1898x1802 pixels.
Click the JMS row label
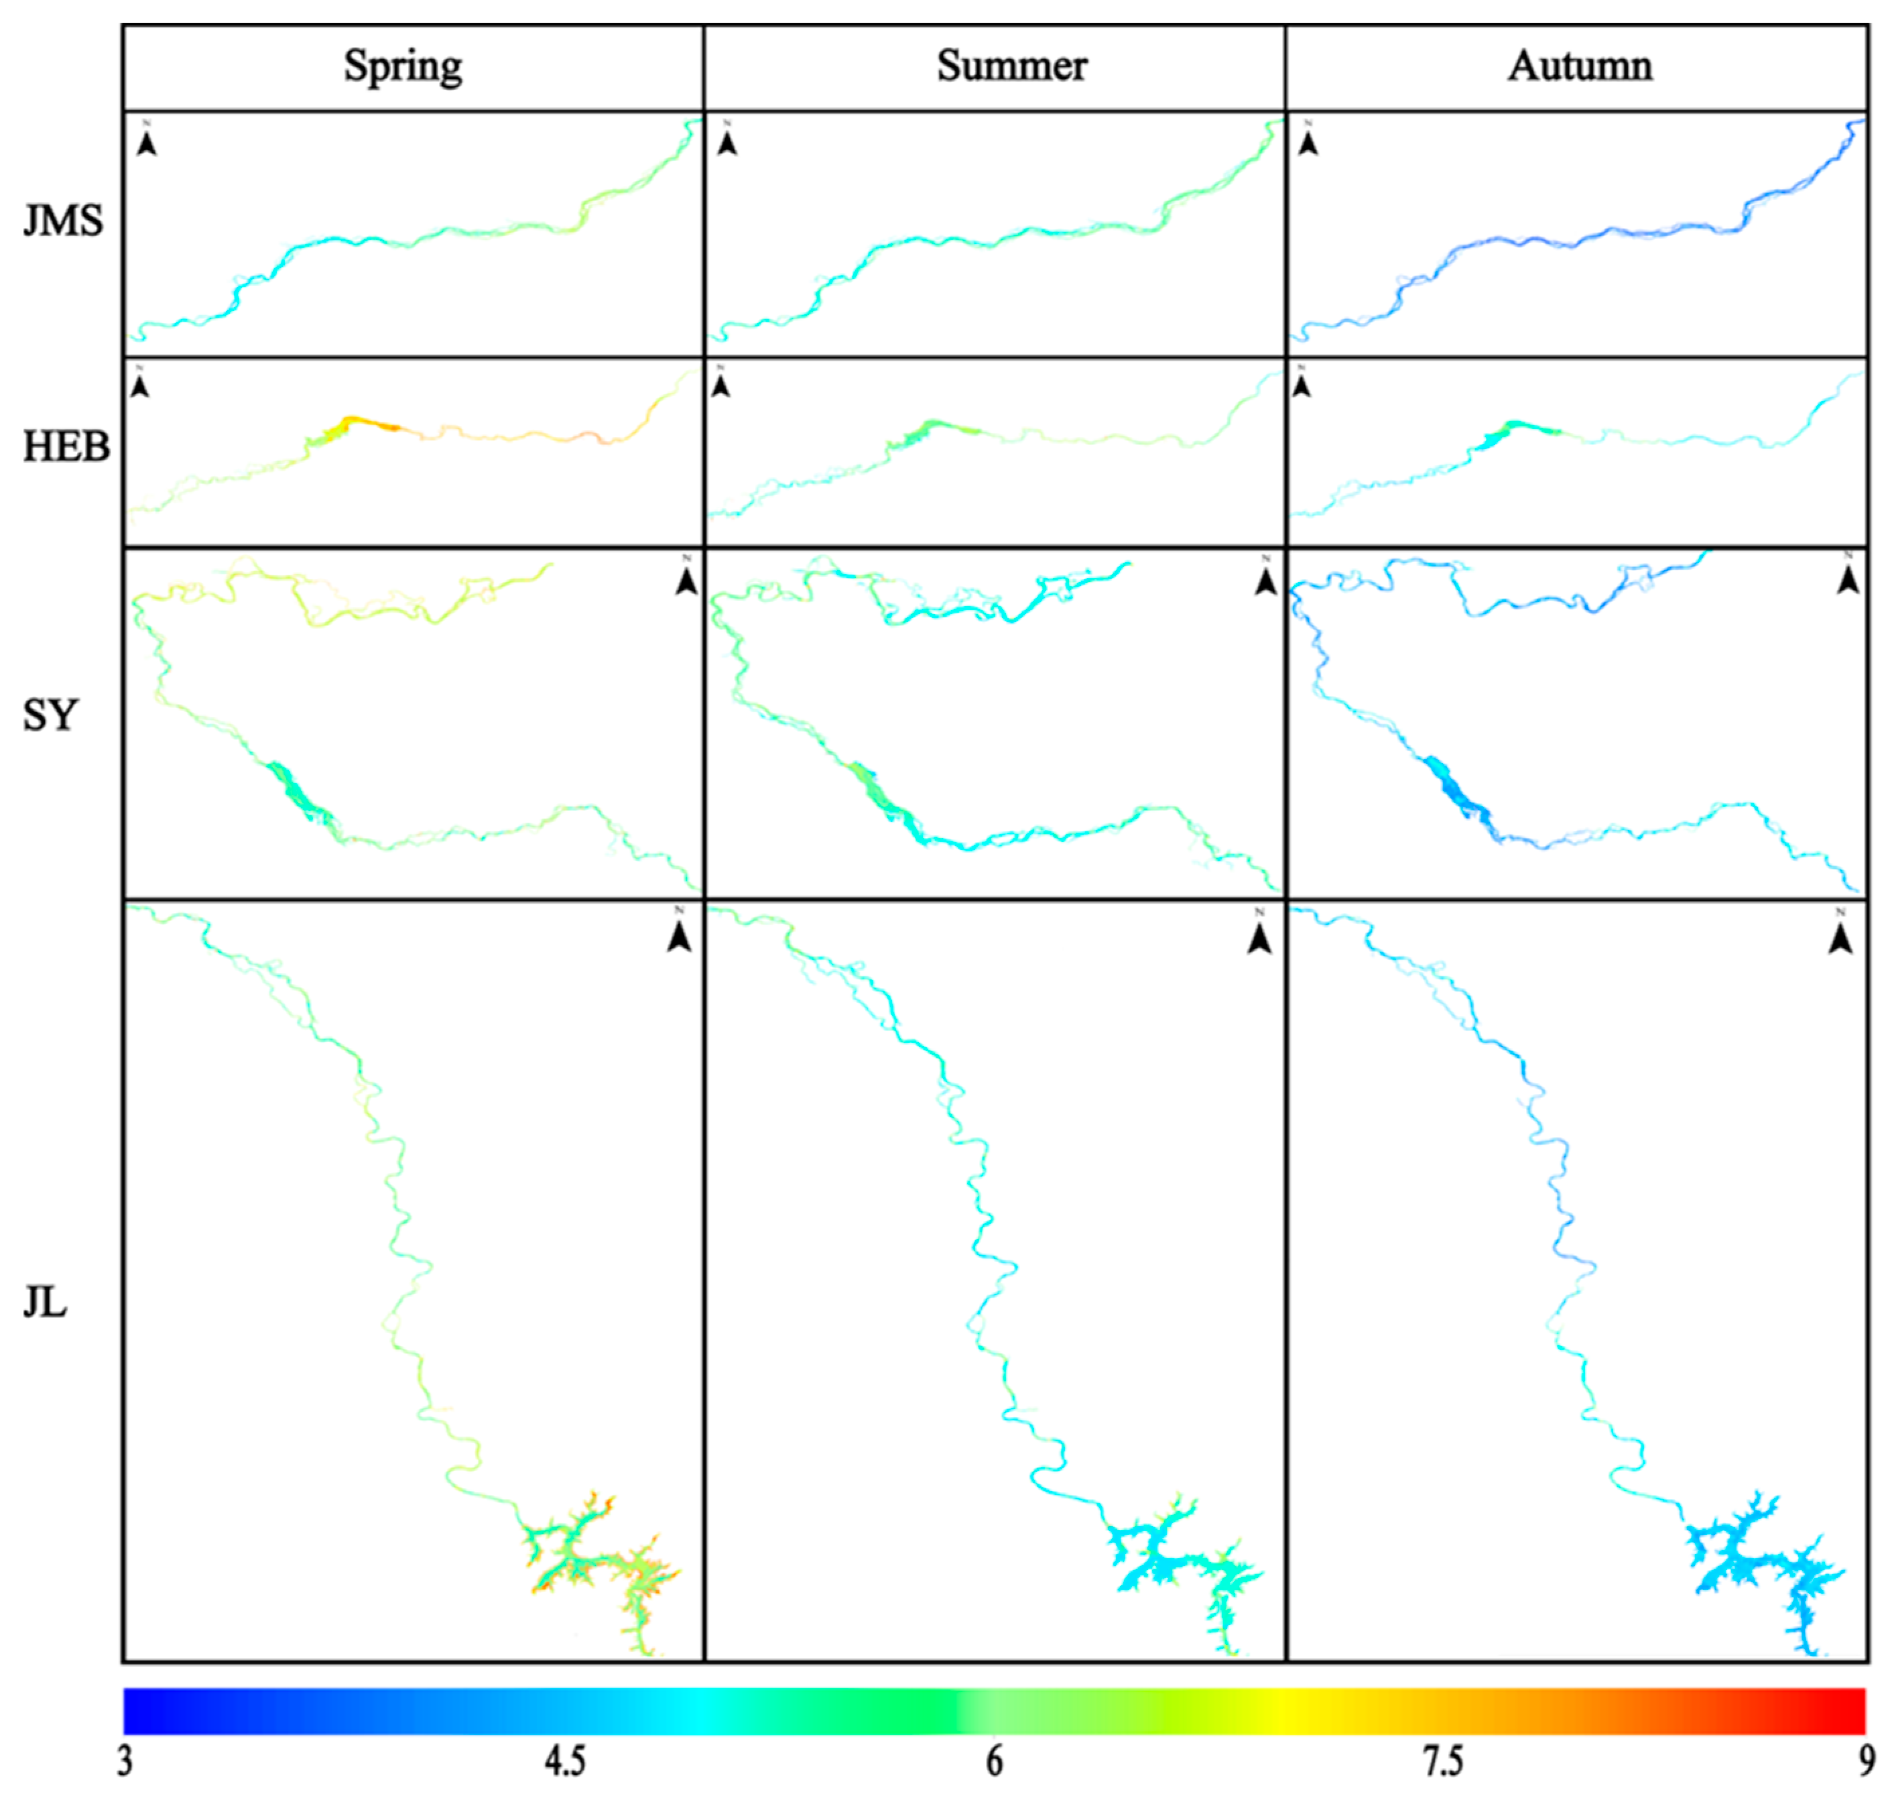(62, 222)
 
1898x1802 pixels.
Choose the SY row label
(49, 715)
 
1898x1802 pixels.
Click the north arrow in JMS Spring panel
(146, 141)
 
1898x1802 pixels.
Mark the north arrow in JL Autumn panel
(1840, 936)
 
